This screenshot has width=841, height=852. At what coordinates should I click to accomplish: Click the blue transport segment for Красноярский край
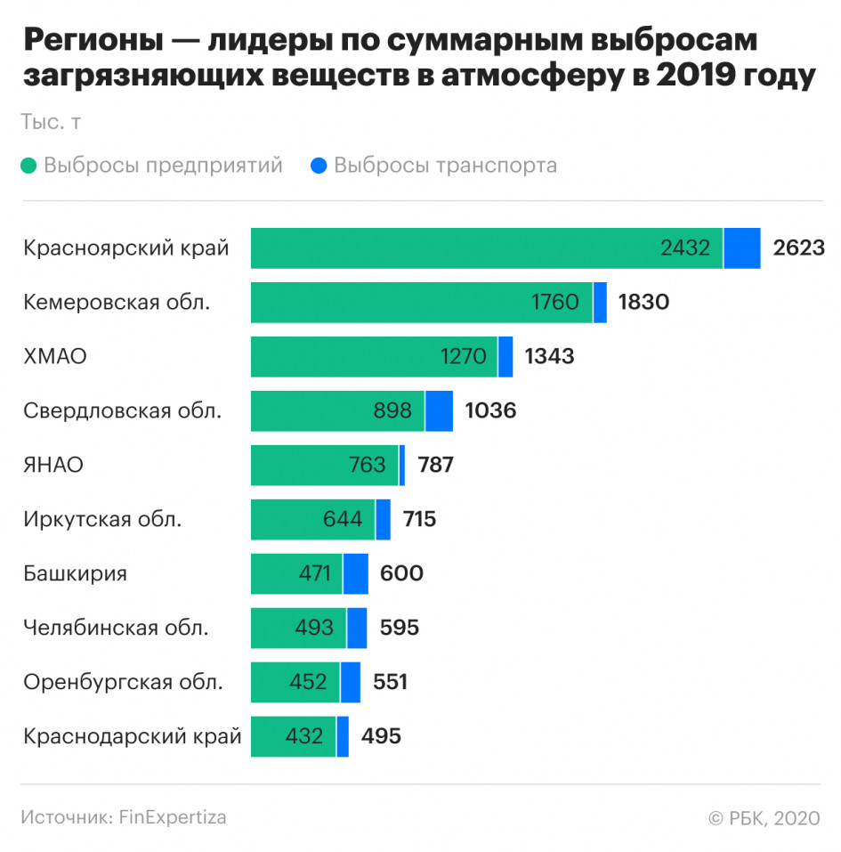tap(742, 248)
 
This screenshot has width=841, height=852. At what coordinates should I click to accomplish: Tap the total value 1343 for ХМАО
tap(549, 357)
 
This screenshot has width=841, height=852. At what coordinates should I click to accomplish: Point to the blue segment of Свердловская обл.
tap(439, 411)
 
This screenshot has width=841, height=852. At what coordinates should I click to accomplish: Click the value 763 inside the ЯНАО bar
tap(368, 466)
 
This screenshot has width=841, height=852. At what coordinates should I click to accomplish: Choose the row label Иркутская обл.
tap(102, 520)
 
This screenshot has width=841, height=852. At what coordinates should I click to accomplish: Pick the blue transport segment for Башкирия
tap(356, 574)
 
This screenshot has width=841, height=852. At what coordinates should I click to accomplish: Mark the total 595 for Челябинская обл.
tap(399, 629)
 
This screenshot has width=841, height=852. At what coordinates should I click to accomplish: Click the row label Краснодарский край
tap(133, 737)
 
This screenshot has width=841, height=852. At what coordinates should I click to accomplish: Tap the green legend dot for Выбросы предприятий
tap(29, 166)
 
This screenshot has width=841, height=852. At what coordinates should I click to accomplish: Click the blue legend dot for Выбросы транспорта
tap(319, 166)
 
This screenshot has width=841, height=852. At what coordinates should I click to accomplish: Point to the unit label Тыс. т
tap(52, 123)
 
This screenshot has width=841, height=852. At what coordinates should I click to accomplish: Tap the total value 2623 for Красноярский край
tap(799, 248)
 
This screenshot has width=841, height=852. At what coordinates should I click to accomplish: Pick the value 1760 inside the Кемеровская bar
tap(555, 303)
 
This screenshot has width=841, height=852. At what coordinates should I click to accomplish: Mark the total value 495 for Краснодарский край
tap(381, 737)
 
